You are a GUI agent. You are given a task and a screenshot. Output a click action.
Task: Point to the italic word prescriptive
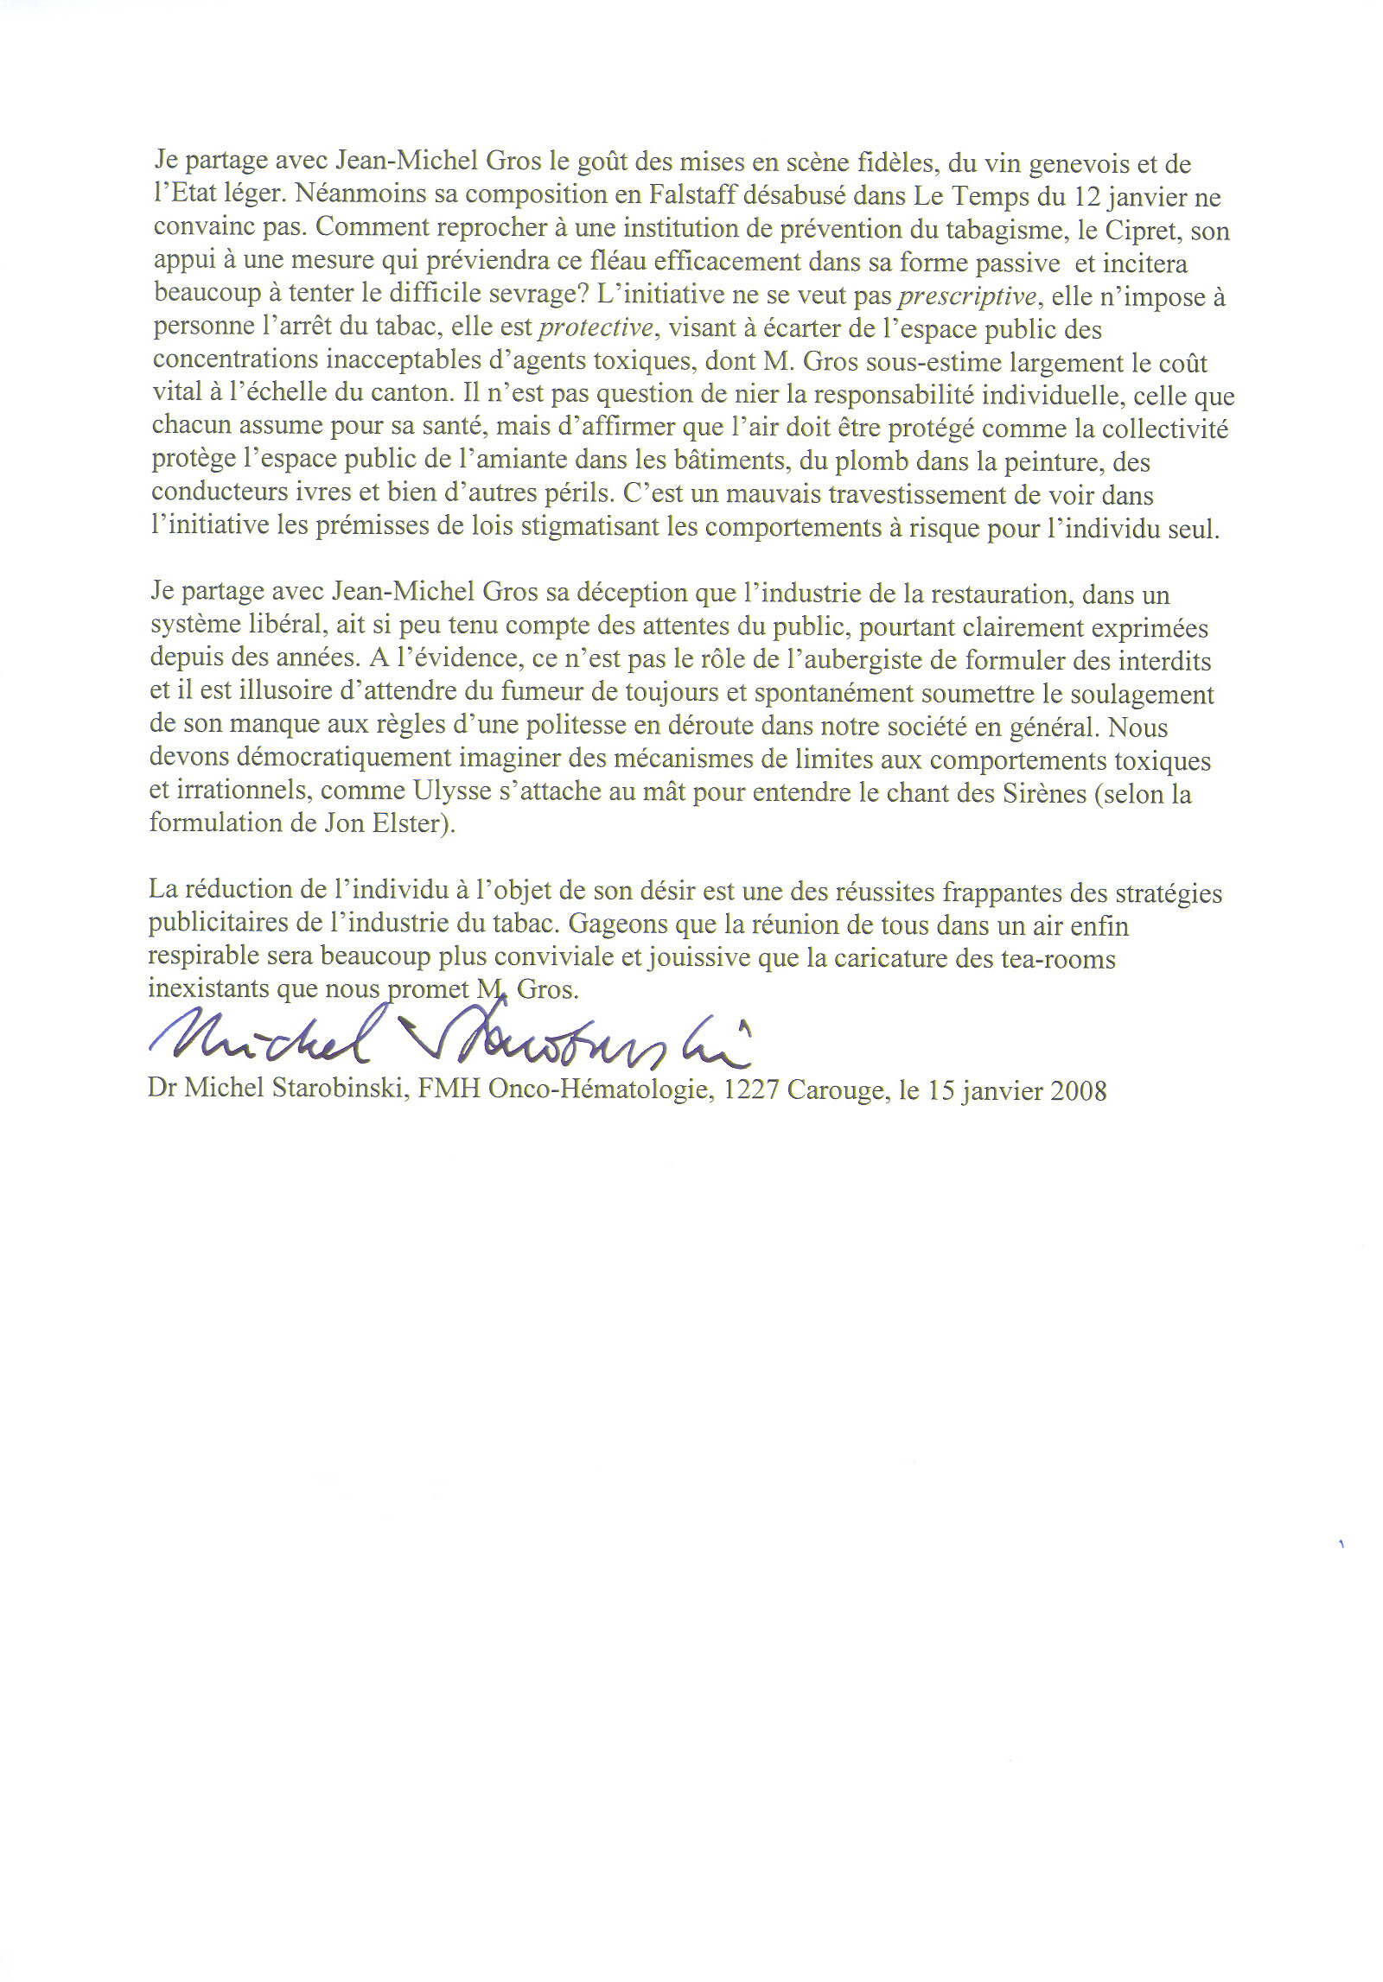(967, 298)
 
